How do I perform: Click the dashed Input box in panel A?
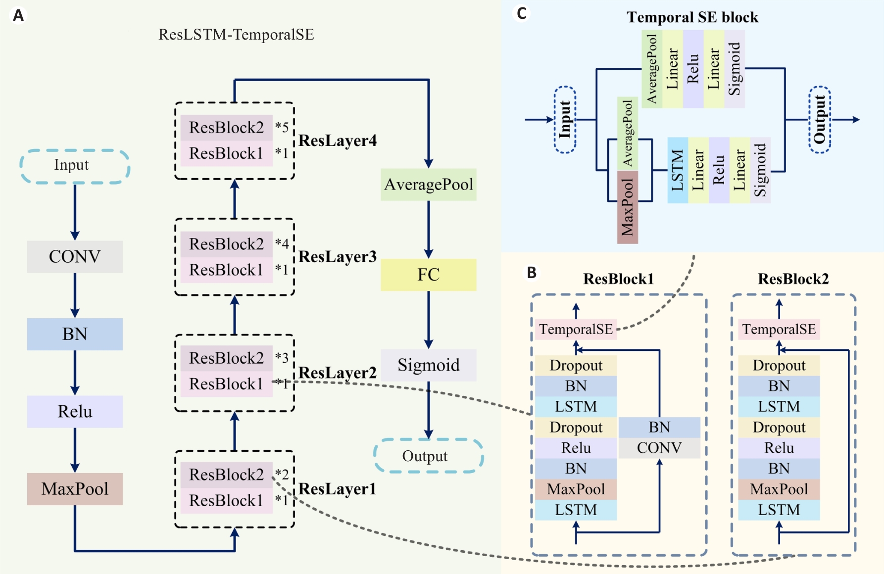75,166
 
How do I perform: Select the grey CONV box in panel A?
75,256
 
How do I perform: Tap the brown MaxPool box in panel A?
75,489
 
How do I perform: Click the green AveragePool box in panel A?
428,185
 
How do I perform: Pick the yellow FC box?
428,275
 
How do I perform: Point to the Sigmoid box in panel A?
428,365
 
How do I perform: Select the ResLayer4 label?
338,141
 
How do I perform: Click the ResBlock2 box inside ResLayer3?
226,244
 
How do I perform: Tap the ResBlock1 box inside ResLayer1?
226,500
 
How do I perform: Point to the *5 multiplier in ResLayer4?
282,127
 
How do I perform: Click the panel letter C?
521,13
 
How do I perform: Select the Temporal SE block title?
692,17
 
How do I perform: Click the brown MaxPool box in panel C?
627,207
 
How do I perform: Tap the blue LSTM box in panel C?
678,170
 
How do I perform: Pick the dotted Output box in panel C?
819,119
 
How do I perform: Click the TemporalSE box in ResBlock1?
576,329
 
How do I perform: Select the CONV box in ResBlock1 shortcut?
659,448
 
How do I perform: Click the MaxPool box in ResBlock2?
779,489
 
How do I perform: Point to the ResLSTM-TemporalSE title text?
236,35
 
